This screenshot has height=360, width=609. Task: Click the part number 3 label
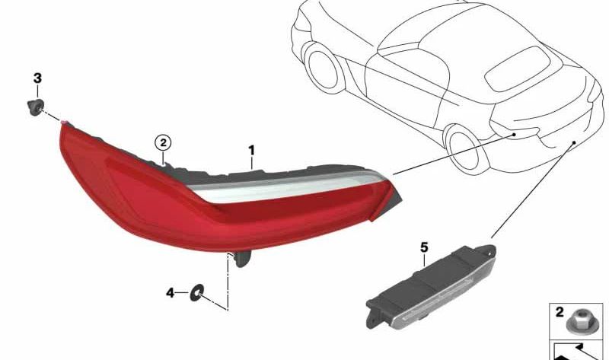37,78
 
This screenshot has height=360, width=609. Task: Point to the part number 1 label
252,151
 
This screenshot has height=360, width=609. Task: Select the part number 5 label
424,247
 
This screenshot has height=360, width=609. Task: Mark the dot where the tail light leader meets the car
515,134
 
